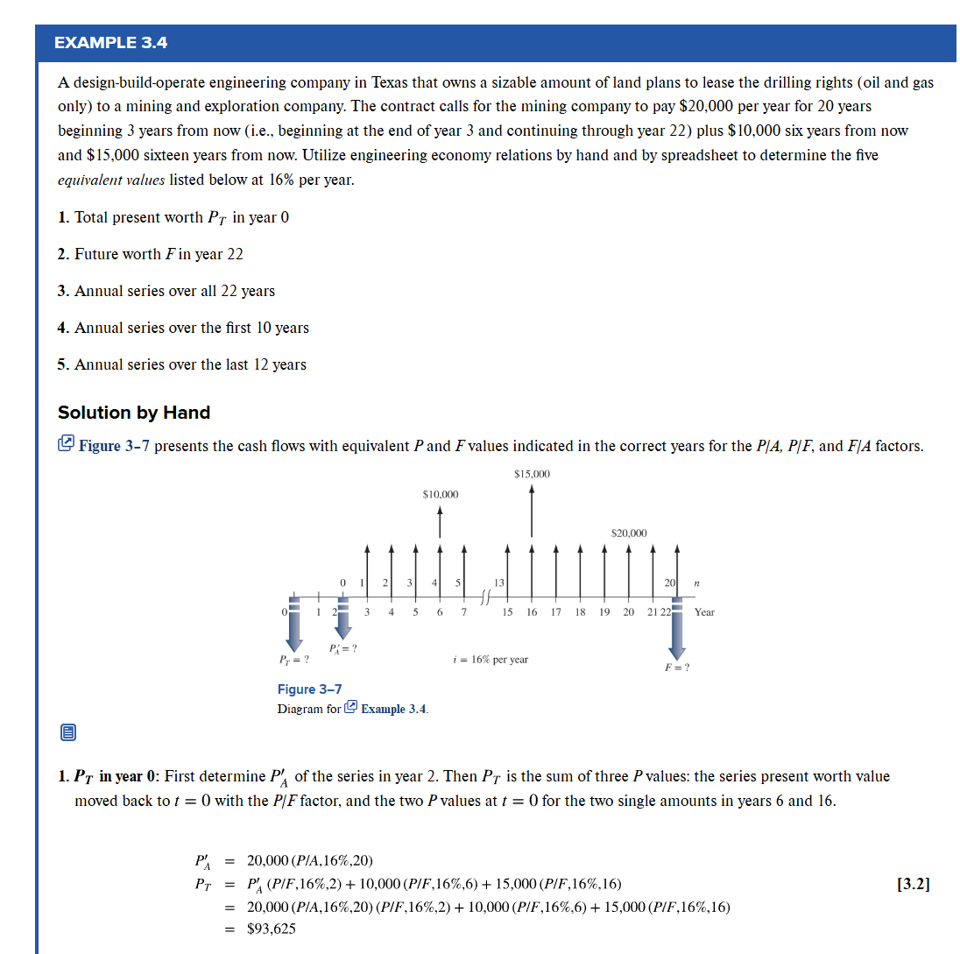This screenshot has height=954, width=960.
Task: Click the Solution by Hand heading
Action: (x=134, y=413)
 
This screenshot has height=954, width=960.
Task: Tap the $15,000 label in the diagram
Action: (x=532, y=474)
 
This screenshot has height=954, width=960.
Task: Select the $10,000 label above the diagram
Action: (x=440, y=494)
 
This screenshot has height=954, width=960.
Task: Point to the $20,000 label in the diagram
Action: (x=629, y=533)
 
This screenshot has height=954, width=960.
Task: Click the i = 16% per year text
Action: (x=488, y=659)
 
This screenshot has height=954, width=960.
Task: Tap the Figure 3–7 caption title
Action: (x=309, y=689)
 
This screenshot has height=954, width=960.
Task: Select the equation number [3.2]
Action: (x=914, y=884)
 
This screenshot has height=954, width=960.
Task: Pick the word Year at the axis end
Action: (x=704, y=612)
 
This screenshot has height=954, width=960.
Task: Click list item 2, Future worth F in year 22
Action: (x=150, y=254)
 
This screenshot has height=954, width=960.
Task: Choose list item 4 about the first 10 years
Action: (x=183, y=328)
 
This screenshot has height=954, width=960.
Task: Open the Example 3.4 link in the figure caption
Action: (x=393, y=709)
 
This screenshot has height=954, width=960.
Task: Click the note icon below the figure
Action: (x=68, y=731)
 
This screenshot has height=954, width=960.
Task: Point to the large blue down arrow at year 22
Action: (x=676, y=626)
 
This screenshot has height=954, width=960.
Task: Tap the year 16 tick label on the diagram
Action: (x=532, y=612)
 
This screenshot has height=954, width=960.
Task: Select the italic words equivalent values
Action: (x=110, y=180)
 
